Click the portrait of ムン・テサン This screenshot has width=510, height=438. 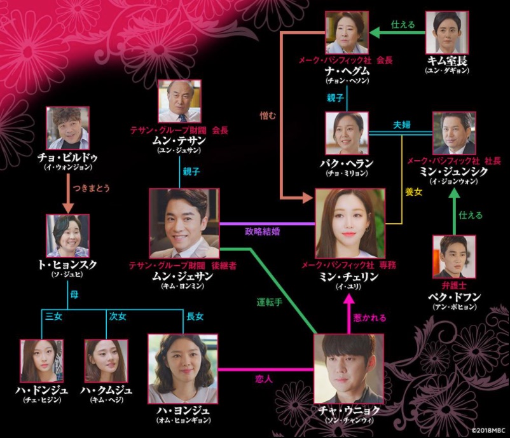pyautogui.click(x=179, y=101)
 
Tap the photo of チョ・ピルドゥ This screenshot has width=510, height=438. pyautogui.click(x=67, y=128)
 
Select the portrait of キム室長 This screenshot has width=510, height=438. pyautogui.click(x=447, y=32)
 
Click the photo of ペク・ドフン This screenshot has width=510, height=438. pyautogui.click(x=454, y=257)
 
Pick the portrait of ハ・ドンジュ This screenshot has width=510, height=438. pyautogui.click(x=41, y=361)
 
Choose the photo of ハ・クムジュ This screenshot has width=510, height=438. pyautogui.click(x=106, y=361)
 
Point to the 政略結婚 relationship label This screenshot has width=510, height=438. pyautogui.click(x=263, y=231)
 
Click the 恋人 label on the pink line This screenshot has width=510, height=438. pyautogui.click(x=263, y=379)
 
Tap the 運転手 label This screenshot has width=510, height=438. pyautogui.click(x=270, y=302)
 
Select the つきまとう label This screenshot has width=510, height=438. pyautogui.click(x=92, y=188)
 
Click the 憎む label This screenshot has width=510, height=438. pyautogui.click(x=268, y=116)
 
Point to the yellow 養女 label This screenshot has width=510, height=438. pyautogui.click(x=414, y=192)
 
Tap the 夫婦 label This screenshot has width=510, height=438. pyautogui.click(x=402, y=125)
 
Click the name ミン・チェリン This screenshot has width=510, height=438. pyautogui.click(x=348, y=277)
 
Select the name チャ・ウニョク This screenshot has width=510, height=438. pyautogui.click(x=348, y=411)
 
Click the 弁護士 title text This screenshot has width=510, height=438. pyautogui.click(x=454, y=285)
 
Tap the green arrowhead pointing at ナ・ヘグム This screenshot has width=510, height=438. pyautogui.click(x=375, y=32)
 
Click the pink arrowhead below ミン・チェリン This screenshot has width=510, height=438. pyautogui.click(x=349, y=299)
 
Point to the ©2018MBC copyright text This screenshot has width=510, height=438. pyautogui.click(x=488, y=430)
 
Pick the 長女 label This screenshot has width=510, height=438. pyautogui.click(x=195, y=317)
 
